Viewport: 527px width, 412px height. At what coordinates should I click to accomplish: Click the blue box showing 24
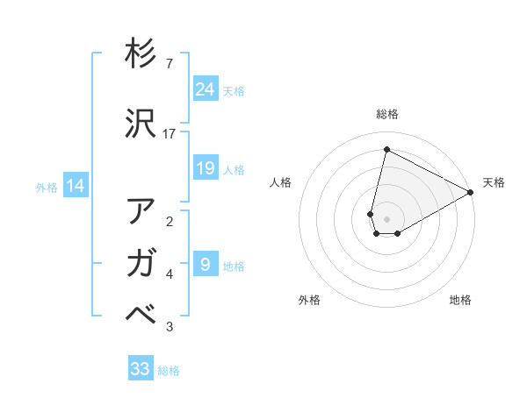click(205, 89)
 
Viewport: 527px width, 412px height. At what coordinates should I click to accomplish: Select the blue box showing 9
click(205, 264)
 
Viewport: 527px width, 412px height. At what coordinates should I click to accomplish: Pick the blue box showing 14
click(75, 186)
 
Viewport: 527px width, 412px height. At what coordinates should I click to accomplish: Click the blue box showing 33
click(141, 369)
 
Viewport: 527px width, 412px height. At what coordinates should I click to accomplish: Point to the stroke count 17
click(170, 133)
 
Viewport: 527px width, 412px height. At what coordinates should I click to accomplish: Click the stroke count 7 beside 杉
click(170, 64)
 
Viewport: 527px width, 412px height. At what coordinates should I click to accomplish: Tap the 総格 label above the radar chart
click(387, 114)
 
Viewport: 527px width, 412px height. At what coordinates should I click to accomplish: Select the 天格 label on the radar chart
click(494, 182)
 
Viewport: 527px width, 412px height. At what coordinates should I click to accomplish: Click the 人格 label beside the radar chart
click(281, 182)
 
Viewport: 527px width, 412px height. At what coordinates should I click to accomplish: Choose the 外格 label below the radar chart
click(309, 300)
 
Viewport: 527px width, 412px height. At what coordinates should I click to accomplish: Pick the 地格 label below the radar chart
click(460, 300)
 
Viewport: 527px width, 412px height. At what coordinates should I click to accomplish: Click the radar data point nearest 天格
click(471, 192)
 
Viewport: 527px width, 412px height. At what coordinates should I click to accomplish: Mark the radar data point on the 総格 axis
click(386, 149)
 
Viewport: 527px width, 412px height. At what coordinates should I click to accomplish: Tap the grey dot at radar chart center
click(386, 219)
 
